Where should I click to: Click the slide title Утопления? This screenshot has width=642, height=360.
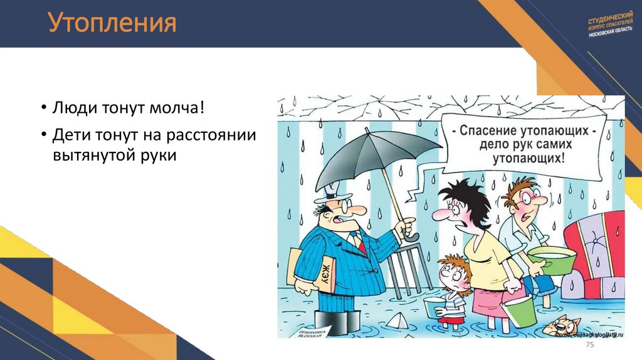click(112, 24)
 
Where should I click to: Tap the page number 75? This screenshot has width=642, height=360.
click(589, 347)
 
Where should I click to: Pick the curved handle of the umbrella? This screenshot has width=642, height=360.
click(411, 236)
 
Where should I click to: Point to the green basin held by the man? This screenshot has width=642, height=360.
click(551, 260)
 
